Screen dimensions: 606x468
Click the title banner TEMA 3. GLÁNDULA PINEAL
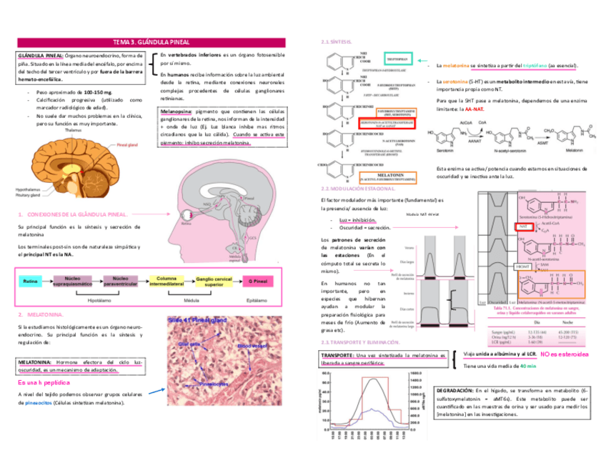pyautogui.click(x=150, y=43)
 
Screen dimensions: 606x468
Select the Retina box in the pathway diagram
pyautogui.click(x=30, y=282)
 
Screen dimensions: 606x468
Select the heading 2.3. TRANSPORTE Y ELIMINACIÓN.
pyautogui.click(x=361, y=343)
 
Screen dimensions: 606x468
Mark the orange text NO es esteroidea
pyautogui.click(x=565, y=354)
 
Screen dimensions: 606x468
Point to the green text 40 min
pyautogui.click(x=528, y=366)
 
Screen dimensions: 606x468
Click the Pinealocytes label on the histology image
pyautogui.click(x=212, y=384)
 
